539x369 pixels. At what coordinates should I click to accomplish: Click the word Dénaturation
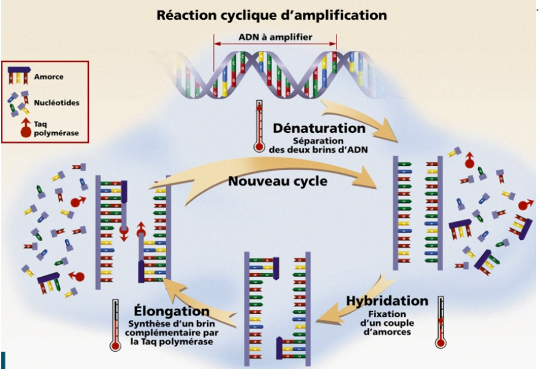point(319,129)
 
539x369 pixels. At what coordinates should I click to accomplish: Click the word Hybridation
point(387,301)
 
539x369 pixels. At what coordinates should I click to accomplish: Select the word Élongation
point(172,311)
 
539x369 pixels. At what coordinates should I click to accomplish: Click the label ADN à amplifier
point(275,37)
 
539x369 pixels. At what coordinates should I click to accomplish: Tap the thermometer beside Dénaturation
point(258,126)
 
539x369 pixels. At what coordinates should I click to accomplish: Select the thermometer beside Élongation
point(115,326)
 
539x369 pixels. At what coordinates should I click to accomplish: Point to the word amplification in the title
point(338,14)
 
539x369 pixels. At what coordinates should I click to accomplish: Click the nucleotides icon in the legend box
point(20,101)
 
